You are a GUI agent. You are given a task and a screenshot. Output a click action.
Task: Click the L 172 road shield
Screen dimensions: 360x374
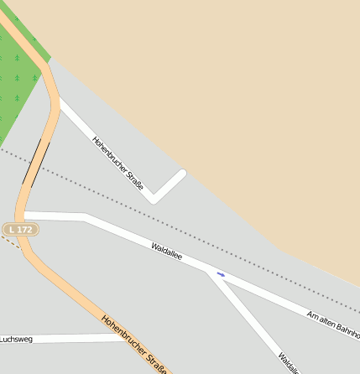coord(19,229)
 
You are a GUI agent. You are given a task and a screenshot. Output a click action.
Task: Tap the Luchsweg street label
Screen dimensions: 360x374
coord(16,339)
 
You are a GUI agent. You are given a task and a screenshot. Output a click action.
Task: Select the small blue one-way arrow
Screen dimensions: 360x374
coord(221,274)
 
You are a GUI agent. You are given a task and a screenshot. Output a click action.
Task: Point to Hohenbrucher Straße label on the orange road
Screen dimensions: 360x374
coord(135,345)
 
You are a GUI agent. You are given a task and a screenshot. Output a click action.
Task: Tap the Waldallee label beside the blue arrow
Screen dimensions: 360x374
coord(167,252)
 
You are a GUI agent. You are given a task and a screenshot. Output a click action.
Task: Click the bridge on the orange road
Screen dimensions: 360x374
coord(36,164)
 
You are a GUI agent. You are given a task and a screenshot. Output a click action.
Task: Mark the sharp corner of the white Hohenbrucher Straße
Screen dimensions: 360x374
coord(153,200)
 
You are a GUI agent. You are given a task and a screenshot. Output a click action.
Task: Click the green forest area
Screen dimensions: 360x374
coord(17,84)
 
